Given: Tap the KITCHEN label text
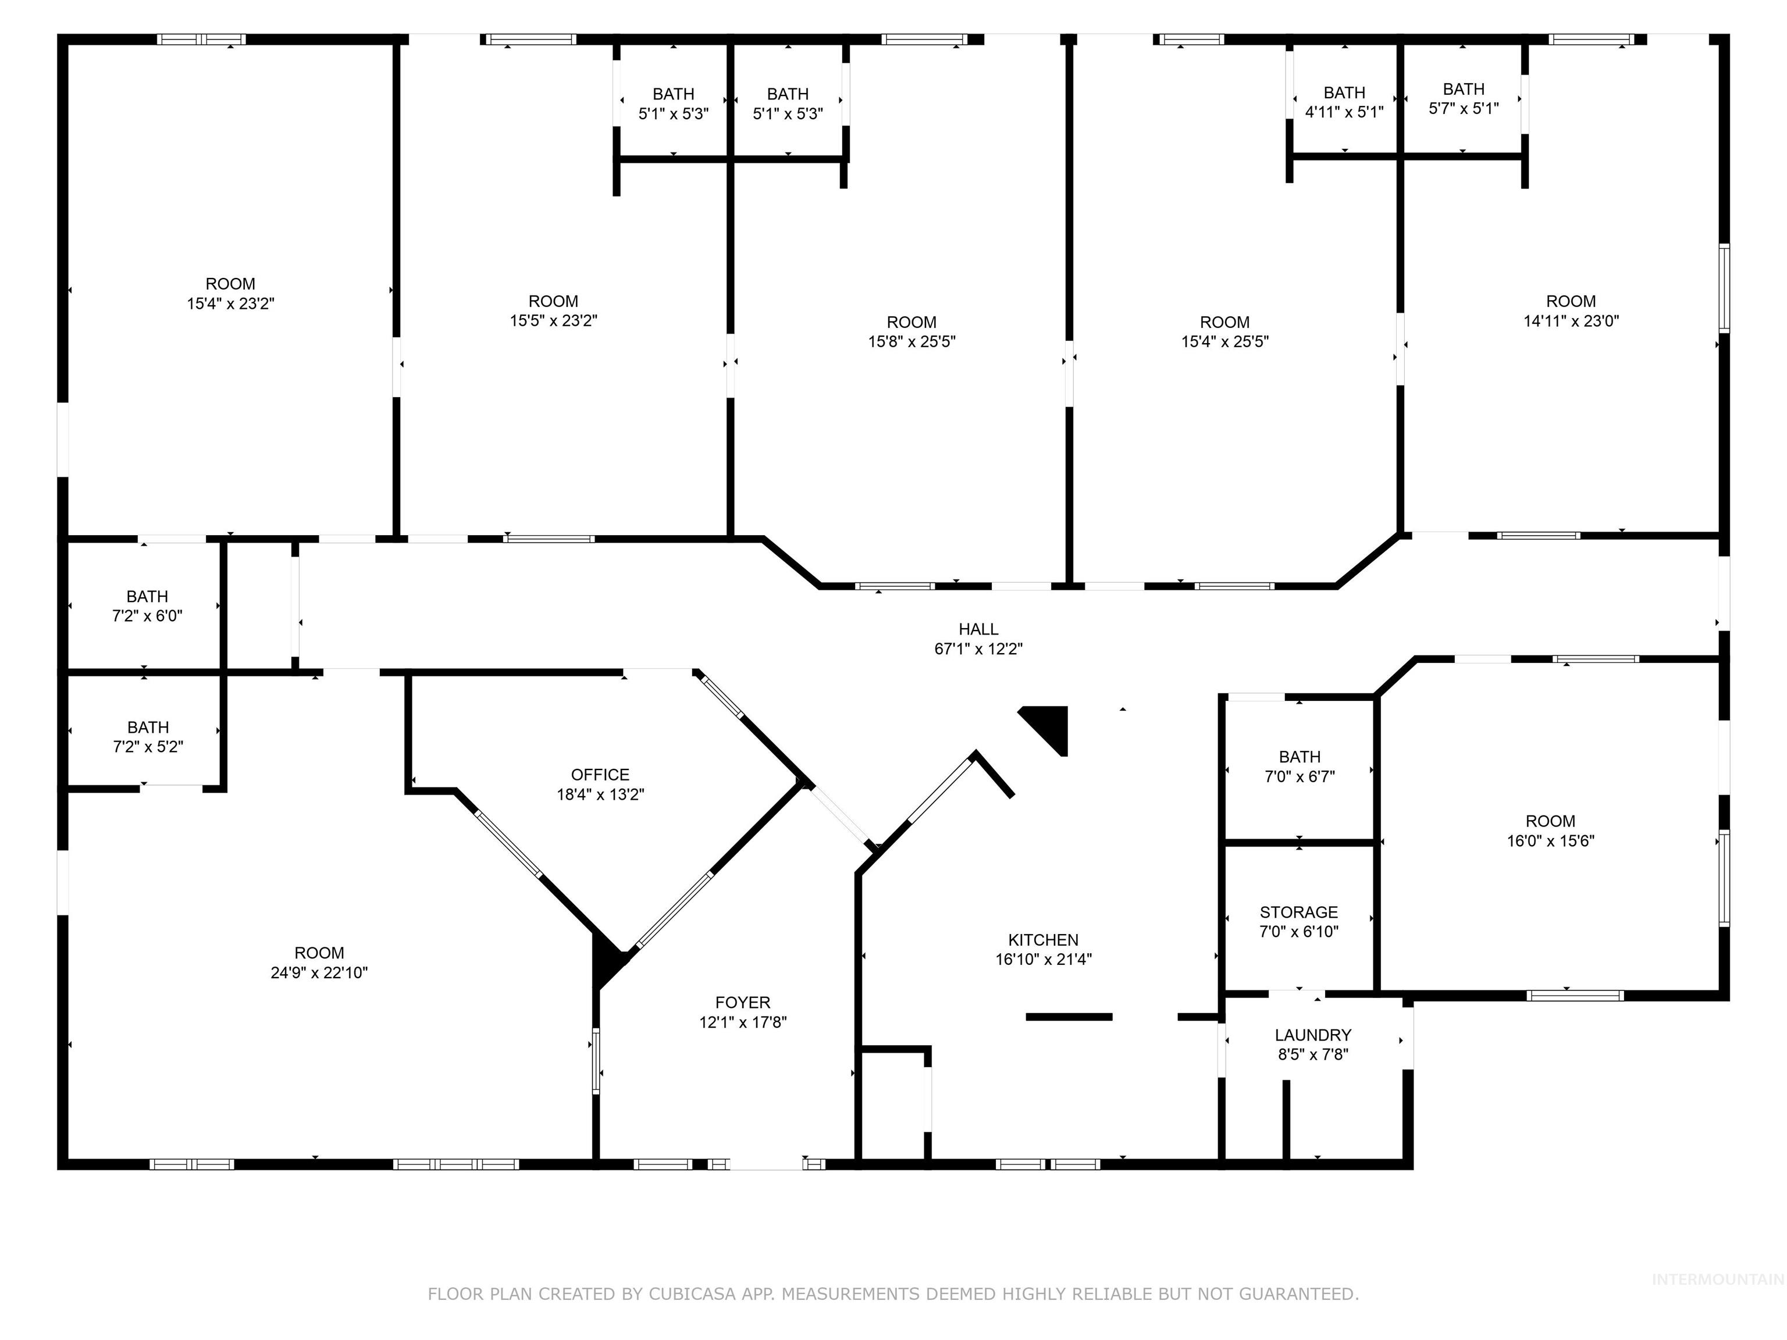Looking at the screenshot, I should pos(1043,939).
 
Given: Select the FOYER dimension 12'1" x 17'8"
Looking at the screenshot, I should pos(742,1022).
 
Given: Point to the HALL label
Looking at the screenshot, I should pos(978,628).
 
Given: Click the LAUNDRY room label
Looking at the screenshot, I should pos(1313,1035).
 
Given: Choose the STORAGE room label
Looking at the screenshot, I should pos(1298,912).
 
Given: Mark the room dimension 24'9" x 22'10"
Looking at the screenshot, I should pos(319,973).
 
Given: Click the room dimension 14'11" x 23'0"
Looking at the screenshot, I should pos(1571,320).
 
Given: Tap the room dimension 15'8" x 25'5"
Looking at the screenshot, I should pos(912,341).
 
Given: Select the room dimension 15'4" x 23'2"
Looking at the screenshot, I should pos(230,304).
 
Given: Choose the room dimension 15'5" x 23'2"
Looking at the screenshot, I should pos(553,320).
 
